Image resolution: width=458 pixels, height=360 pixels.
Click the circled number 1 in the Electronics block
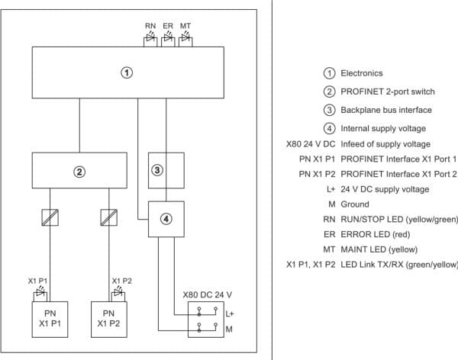(127, 72)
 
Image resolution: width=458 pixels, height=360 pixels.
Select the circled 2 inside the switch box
(79, 172)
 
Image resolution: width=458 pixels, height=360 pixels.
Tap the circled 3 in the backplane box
(157, 170)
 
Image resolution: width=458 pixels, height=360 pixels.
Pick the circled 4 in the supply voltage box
(166, 219)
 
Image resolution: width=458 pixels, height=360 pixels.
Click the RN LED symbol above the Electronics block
(150, 38)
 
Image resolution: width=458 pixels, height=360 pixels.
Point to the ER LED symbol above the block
(168, 38)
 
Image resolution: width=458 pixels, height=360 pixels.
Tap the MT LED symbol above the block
(185, 38)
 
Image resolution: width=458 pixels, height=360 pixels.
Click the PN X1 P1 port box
(50, 320)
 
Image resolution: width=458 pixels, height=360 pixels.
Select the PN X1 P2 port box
(109, 320)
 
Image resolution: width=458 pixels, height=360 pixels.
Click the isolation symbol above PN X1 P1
(50, 217)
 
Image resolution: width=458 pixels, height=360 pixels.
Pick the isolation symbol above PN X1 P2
(109, 217)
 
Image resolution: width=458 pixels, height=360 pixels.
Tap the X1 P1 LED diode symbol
(40, 291)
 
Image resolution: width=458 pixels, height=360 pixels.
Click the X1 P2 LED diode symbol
(118, 291)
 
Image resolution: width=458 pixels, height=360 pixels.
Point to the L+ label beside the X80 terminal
(230, 314)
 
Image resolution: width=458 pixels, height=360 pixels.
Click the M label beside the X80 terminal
(229, 329)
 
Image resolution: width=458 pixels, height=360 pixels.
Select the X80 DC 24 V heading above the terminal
(208, 295)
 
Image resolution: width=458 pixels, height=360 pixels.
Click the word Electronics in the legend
(362, 73)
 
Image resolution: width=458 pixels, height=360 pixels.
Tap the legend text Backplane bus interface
(386, 110)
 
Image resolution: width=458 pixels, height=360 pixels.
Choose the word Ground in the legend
(355, 204)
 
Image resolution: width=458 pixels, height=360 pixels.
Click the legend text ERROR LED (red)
(376, 234)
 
